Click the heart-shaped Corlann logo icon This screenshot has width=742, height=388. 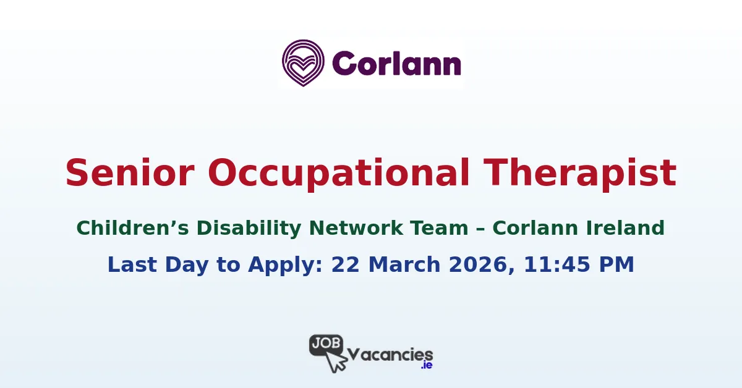pyautogui.click(x=303, y=62)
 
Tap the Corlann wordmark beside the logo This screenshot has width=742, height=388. pyautogui.click(x=396, y=64)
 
